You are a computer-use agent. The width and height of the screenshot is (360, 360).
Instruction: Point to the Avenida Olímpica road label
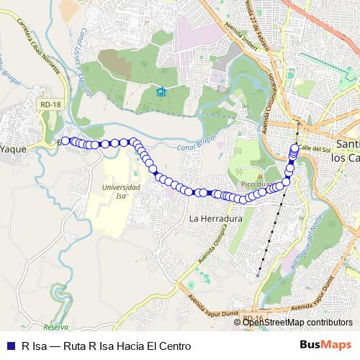click(219, 248)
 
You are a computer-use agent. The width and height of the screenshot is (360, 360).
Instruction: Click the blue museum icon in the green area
click(161, 91)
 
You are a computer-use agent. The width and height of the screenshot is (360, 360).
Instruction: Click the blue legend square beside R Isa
click(9, 346)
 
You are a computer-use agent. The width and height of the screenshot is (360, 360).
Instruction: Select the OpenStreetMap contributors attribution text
click(297, 323)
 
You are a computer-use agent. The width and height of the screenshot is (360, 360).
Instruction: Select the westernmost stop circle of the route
click(66, 141)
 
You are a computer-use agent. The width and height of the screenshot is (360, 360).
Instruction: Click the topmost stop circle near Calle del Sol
click(295, 148)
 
